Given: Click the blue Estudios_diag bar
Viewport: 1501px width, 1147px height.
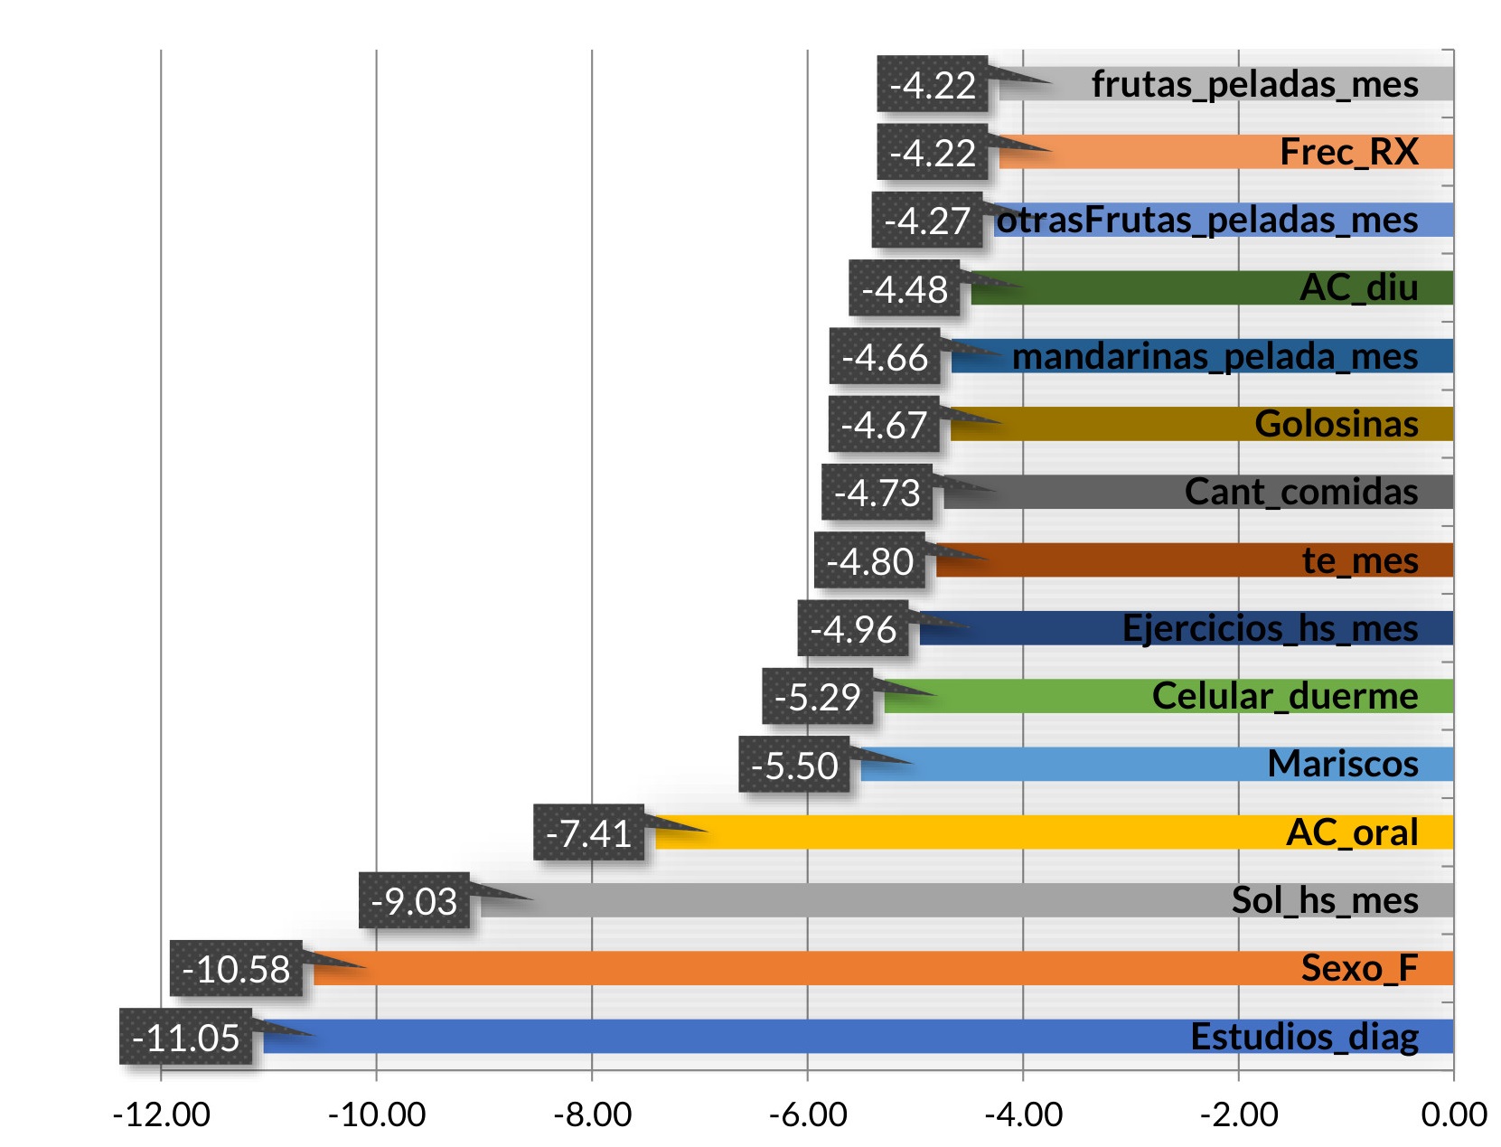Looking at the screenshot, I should coord(723,1036).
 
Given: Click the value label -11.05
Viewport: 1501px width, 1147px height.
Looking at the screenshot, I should coord(185,1037).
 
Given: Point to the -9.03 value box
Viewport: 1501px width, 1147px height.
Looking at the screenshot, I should coord(414,900).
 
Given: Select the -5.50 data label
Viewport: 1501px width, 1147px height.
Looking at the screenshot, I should coord(794,765).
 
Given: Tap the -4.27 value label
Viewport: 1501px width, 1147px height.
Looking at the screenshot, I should coord(927,220).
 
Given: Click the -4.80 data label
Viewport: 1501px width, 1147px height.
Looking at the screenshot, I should coord(869,560).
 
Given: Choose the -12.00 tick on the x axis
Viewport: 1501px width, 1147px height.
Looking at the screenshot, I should coord(161,1114).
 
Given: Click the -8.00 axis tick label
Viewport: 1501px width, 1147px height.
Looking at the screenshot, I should coord(592,1114).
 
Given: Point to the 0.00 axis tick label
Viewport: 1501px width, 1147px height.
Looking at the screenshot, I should coord(1453,1114).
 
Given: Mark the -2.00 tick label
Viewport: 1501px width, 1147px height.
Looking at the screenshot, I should coord(1238,1114).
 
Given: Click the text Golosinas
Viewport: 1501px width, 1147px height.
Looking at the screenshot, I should coord(1336,424).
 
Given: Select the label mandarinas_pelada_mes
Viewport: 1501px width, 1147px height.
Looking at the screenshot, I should coord(1215,356).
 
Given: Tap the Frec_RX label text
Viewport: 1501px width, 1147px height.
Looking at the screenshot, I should coord(1348,152).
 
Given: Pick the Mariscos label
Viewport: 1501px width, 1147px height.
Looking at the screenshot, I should coord(1342,764).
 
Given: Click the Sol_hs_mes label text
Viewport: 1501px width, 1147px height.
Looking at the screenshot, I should coord(1324,900).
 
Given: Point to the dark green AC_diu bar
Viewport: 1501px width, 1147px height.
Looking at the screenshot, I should coord(1130,288).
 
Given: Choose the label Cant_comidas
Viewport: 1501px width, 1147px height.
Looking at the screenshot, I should coord(1300,492).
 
